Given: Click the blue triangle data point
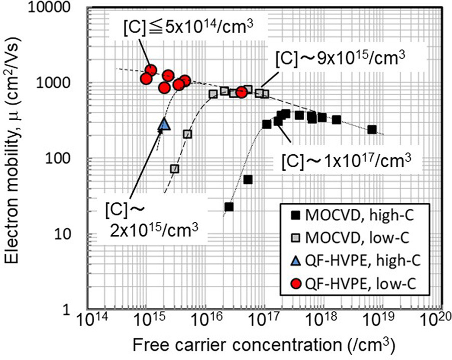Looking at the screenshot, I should tap(165, 124).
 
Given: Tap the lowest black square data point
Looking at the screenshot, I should tap(229, 206).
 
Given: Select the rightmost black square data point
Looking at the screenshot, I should tap(372, 129).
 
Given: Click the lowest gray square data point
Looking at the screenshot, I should tap(174, 169).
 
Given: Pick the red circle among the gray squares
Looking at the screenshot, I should tap(242, 92).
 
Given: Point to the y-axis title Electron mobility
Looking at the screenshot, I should tap(16, 160).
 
